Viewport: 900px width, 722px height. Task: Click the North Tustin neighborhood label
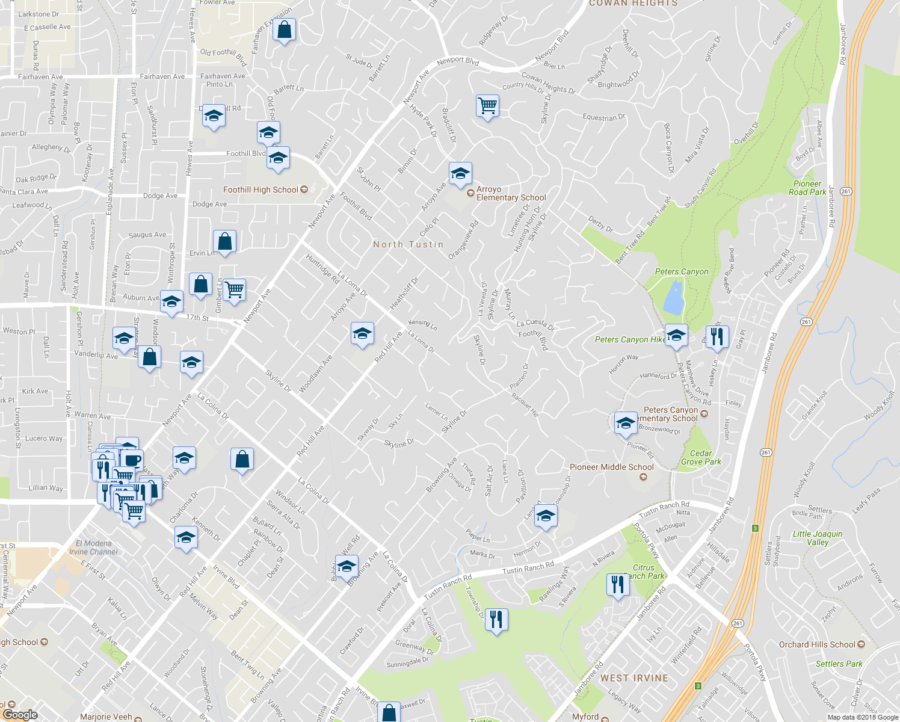coord(408,244)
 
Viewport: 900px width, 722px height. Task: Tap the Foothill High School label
coord(260,190)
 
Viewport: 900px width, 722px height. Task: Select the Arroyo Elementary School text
coord(510,193)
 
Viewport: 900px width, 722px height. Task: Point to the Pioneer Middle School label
coord(611,467)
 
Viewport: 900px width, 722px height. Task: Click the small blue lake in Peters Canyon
coord(673,298)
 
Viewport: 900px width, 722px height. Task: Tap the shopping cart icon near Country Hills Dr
coord(487,106)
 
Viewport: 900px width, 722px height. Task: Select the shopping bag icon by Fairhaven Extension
coord(284,29)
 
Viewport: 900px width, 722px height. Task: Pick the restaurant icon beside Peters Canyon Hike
coord(717,336)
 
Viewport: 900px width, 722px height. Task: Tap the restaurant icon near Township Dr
coord(496,619)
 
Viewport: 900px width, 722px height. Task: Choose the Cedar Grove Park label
coord(700,457)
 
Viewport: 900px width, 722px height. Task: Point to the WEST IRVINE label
coord(634,678)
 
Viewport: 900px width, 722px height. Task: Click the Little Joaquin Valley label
coord(818,538)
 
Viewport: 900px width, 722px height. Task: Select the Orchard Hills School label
coord(817,644)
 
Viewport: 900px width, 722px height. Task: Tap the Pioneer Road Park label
coord(807,188)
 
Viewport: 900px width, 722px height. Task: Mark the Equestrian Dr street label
coord(603,117)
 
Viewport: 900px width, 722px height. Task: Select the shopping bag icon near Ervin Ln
coord(224,242)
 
